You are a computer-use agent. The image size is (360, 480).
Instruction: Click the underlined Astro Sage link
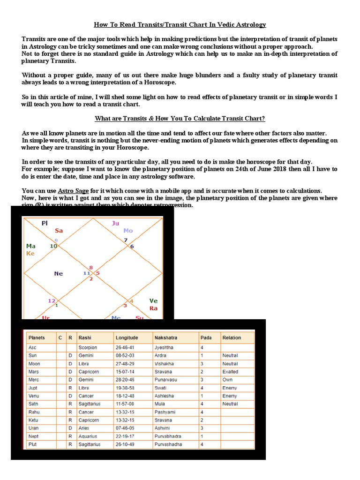coord(74,191)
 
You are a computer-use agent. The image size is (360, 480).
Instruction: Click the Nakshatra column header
coord(165,337)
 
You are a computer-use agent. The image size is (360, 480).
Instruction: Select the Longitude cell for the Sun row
coord(124,356)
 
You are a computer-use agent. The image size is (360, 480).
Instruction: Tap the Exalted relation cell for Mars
coord(230,372)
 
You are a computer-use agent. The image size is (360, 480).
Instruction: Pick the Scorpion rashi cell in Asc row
coord(88,348)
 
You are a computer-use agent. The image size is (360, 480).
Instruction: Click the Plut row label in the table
coord(35,444)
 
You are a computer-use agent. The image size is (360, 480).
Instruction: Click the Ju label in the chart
coord(115,223)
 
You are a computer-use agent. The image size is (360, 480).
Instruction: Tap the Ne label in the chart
coord(59,274)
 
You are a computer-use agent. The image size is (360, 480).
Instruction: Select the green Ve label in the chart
coord(153,300)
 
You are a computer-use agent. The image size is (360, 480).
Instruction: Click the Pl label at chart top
coord(45,223)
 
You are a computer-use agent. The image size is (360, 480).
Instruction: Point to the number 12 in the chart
coord(51,300)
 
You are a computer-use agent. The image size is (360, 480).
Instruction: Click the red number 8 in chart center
coord(91,268)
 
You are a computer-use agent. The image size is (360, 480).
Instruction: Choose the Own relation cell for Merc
coord(227,380)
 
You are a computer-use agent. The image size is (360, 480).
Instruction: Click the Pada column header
coord(206,337)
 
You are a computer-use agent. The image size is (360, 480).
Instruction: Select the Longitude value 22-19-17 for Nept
coord(125,436)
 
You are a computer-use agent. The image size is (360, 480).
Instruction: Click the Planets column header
coord(37,337)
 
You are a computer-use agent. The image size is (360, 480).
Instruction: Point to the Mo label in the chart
coord(128,231)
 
